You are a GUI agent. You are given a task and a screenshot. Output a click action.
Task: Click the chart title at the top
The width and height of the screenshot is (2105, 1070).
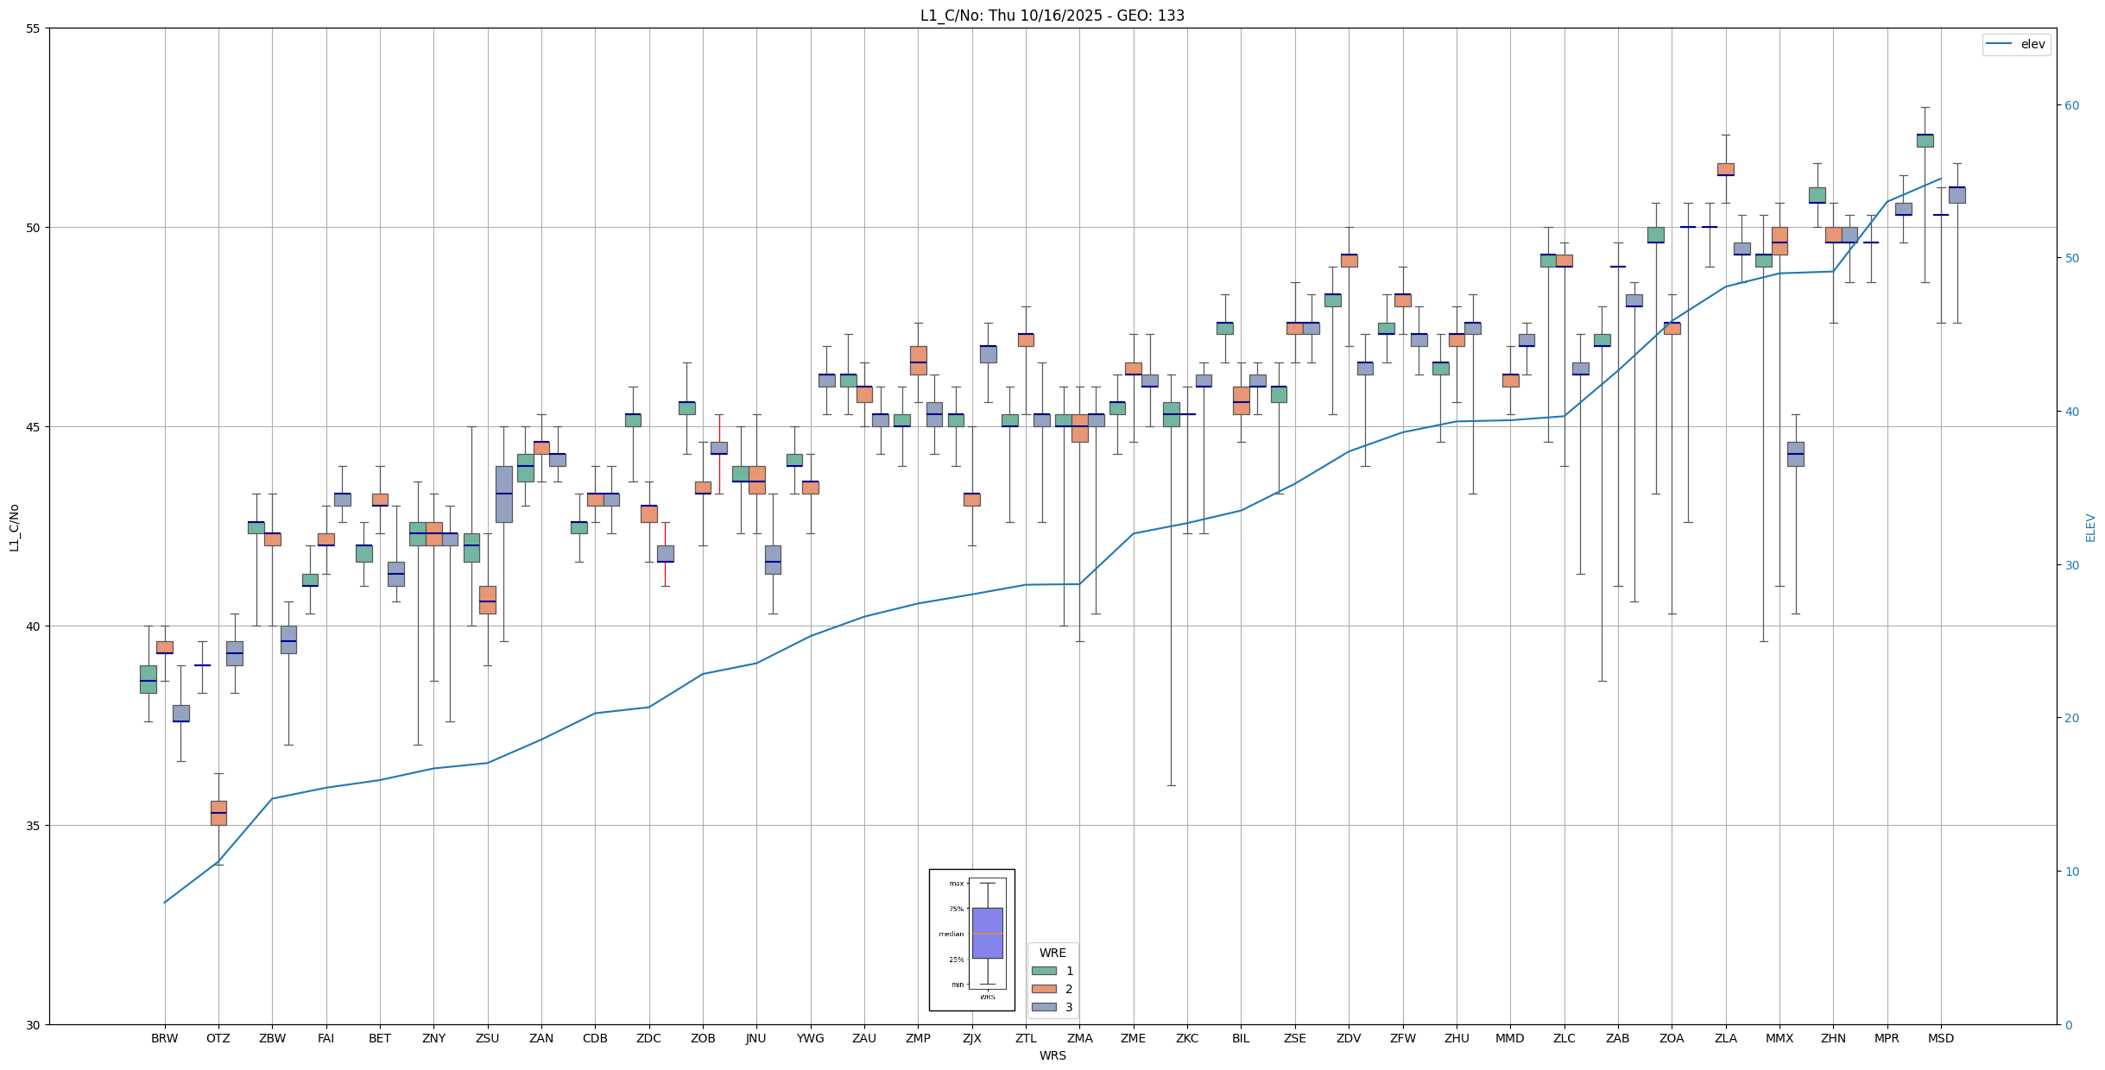pyautogui.click(x=1052, y=16)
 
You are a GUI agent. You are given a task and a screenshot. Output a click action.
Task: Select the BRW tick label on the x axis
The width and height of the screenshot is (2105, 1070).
pyautogui.click(x=164, y=1038)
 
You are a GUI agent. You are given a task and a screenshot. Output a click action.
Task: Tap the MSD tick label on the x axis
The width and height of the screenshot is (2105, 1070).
pyautogui.click(x=1940, y=1038)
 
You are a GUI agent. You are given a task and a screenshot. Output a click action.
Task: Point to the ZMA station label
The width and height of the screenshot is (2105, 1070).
pyautogui.click(x=1079, y=1038)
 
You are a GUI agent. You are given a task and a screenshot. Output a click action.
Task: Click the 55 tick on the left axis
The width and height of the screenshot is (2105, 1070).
pyautogui.click(x=34, y=28)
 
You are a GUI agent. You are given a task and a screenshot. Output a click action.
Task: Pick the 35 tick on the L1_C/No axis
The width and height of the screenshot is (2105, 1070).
pyautogui.click(x=34, y=826)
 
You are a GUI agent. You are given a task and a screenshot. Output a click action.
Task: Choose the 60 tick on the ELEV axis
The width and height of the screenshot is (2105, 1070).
pyautogui.click(x=2070, y=105)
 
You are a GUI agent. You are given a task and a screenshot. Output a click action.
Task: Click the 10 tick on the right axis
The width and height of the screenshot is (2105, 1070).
pyautogui.click(x=2070, y=872)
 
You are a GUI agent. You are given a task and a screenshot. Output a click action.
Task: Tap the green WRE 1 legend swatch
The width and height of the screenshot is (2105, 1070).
pyautogui.click(x=1043, y=971)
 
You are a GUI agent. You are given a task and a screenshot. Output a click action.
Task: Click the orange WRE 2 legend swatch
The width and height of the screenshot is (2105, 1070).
pyautogui.click(x=1043, y=989)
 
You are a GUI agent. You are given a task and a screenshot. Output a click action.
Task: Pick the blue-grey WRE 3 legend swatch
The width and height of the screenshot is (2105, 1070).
pyautogui.click(x=1043, y=1007)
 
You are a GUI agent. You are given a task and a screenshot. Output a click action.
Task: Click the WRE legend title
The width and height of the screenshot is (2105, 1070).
pyautogui.click(x=1052, y=953)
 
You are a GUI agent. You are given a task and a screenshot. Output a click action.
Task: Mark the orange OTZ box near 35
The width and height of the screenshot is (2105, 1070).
pyautogui.click(x=218, y=813)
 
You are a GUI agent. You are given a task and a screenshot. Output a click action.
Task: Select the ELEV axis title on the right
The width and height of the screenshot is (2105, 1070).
pyautogui.click(x=2090, y=527)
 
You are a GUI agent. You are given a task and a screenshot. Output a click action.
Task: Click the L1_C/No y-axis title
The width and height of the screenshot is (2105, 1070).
pyautogui.click(x=14, y=527)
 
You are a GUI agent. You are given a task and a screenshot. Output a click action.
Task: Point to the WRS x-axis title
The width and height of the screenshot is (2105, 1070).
pyautogui.click(x=1052, y=1055)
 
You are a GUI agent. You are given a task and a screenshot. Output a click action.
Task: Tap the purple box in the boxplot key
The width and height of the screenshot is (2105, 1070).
pyautogui.click(x=987, y=933)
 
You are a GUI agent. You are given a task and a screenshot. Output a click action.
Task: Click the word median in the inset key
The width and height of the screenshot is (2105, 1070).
pyautogui.click(x=951, y=934)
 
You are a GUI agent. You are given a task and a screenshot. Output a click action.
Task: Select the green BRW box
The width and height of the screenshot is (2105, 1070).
pyautogui.click(x=149, y=679)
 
